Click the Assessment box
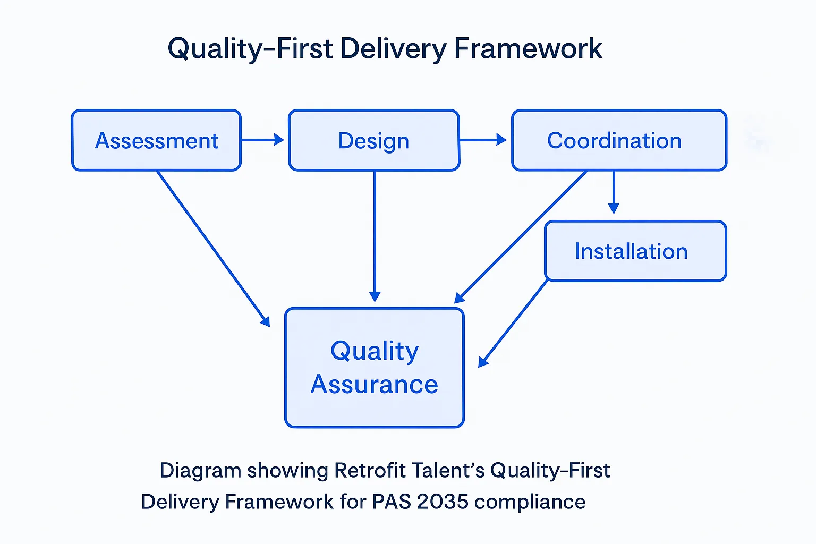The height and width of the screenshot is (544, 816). [156, 140]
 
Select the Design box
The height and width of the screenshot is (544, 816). [374, 140]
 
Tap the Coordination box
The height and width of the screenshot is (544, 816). [619, 140]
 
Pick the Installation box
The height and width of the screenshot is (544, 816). [635, 251]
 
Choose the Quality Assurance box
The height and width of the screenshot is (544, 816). [375, 368]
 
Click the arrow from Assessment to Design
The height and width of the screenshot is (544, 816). [262, 140]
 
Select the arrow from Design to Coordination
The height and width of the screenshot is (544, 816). [482, 140]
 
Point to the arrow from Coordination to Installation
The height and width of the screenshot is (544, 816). [614, 192]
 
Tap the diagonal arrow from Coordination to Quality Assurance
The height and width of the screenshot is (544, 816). [521, 237]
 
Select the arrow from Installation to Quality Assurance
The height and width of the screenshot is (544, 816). [513, 324]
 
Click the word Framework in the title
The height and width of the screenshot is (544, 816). [528, 49]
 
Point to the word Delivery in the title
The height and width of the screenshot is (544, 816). [393, 49]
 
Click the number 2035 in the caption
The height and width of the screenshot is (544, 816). [443, 501]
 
